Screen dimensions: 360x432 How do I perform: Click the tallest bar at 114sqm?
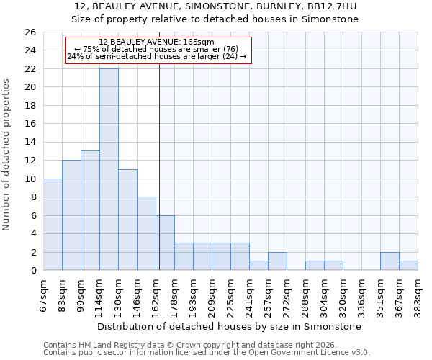click(x=109, y=169)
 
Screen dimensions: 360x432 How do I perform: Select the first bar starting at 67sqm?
click(x=53, y=224)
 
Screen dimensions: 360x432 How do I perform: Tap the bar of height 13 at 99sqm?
click(x=90, y=210)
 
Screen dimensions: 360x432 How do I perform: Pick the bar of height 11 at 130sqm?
click(x=127, y=220)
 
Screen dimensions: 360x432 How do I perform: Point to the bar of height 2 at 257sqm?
click(x=277, y=261)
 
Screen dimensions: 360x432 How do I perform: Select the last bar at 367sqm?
click(x=408, y=266)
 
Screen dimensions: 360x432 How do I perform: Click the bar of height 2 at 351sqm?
click(x=390, y=261)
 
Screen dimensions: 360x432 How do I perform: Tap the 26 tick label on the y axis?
click(x=30, y=32)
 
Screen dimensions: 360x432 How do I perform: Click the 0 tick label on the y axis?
click(x=33, y=271)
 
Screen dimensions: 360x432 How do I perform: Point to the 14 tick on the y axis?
click(x=30, y=143)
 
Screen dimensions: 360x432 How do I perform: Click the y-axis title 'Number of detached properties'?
click(x=6, y=155)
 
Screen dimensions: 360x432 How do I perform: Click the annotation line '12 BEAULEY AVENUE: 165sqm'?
click(x=157, y=42)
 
